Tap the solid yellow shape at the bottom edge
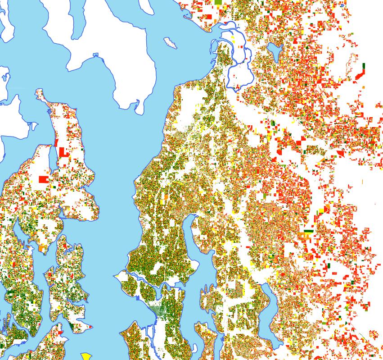tap(85, 356)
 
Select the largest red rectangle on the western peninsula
tap(44, 179)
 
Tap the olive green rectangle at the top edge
tap(219, 3)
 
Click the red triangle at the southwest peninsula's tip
tap(90, 326)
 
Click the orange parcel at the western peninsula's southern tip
tap(42, 248)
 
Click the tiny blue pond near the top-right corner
tap(342, 5)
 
